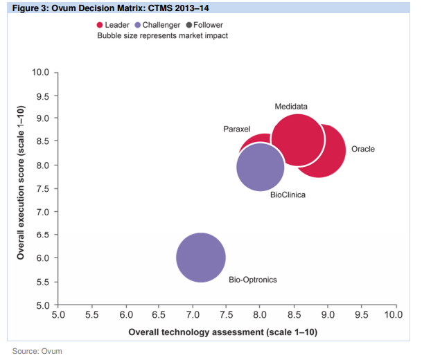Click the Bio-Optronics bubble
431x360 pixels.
click(x=201, y=258)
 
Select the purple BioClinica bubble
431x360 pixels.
click(x=261, y=167)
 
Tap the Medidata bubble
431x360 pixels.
click(x=298, y=139)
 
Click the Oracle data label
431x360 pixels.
click(x=363, y=150)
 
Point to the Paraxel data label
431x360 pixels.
click(x=236, y=129)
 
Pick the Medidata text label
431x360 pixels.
click(x=291, y=106)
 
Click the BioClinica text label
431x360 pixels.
click(x=288, y=195)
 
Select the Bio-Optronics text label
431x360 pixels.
click(x=253, y=280)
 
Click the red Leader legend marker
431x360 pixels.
click(x=100, y=25)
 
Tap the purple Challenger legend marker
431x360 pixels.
click(x=138, y=25)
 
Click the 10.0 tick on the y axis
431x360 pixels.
click(x=40, y=73)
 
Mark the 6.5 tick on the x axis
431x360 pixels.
click(x=159, y=316)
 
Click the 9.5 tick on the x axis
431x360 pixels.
click(x=360, y=316)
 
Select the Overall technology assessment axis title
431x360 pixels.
click(x=222, y=332)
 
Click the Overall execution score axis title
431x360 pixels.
click(x=21, y=183)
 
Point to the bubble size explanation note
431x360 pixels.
click(x=162, y=35)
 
